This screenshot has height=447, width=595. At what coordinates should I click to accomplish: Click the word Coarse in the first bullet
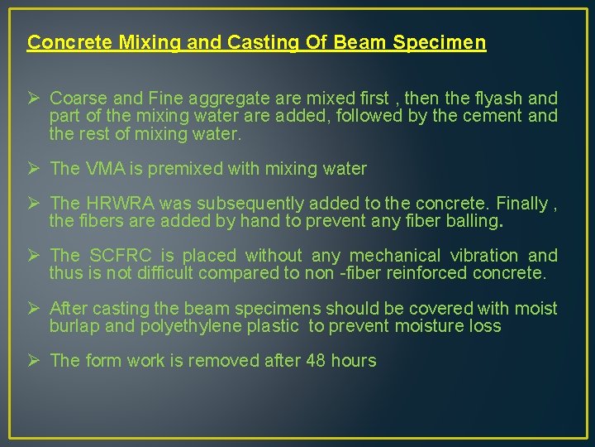click(x=76, y=99)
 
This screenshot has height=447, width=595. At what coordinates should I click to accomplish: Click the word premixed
click(x=181, y=169)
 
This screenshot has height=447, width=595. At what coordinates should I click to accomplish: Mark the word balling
click(x=474, y=221)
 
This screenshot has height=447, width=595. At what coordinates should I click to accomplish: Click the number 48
click(x=316, y=361)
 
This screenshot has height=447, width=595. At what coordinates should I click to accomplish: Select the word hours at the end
click(x=353, y=361)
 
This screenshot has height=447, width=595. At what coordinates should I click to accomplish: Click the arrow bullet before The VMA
click(x=34, y=168)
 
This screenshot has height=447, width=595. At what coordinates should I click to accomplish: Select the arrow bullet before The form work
click(x=34, y=360)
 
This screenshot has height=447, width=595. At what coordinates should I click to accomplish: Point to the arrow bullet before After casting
click(x=34, y=308)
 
